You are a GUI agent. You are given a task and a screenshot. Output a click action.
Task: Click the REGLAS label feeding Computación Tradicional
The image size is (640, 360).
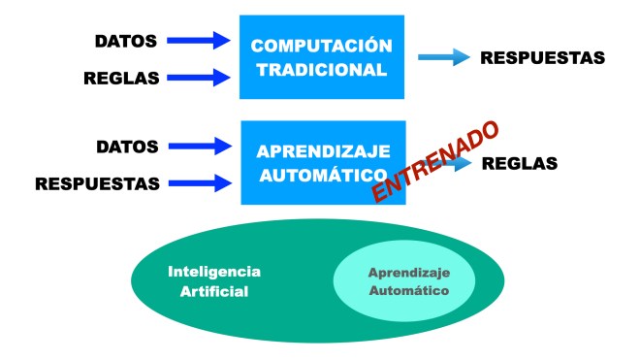[122, 77]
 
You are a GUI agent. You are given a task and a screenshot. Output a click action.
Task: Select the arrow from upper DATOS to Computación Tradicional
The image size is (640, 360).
[202, 40]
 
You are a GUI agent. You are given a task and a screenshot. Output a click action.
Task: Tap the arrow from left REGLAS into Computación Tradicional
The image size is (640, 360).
[202, 76]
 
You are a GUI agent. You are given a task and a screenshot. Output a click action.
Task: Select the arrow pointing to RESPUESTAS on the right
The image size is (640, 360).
[444, 58]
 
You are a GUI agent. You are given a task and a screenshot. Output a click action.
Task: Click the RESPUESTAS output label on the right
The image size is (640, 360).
[543, 58]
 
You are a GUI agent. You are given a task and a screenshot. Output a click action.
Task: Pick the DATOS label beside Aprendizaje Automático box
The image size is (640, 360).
[127, 147]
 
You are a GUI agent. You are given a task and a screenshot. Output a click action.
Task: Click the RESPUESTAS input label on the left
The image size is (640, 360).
[96, 182]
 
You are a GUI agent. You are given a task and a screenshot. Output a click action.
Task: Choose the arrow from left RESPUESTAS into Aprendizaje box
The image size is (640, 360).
[202, 181]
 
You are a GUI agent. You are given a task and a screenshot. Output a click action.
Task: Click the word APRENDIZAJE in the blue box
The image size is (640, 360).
[323, 152]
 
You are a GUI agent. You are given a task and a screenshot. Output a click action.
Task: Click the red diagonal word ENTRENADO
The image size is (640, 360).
[435, 163]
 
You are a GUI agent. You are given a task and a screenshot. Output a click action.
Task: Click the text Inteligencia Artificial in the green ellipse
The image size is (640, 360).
[214, 281]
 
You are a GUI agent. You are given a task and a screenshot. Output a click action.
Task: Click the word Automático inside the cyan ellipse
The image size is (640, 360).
[407, 290]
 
